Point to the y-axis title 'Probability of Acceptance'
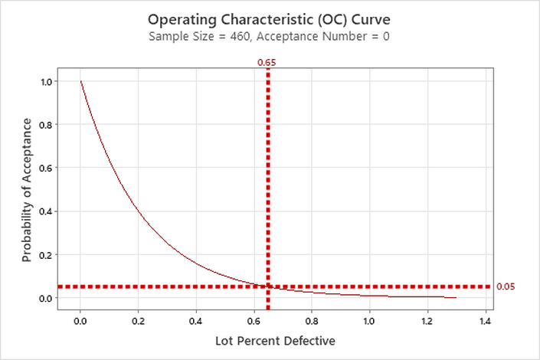28,190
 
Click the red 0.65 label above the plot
267,61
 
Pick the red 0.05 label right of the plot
506,286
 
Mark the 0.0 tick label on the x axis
80,321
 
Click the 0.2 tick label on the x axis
138,321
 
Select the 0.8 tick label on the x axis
311,321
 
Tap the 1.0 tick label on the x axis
369,321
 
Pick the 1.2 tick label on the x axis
427,321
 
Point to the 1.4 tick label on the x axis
484,321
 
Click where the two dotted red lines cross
267,286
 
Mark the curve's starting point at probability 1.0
80,81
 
